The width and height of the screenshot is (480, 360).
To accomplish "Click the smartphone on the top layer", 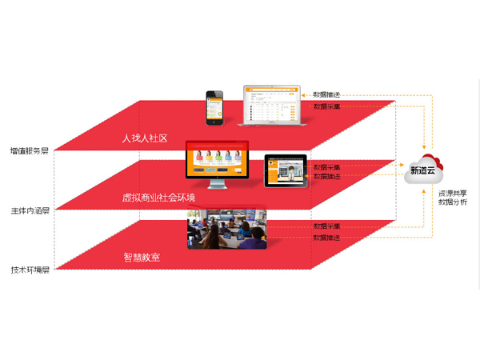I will (214, 107).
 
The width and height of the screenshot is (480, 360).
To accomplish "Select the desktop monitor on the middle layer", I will (214, 161).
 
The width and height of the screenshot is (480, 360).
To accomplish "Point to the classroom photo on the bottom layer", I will (226, 228).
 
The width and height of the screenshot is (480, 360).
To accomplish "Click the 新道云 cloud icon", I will (424, 169).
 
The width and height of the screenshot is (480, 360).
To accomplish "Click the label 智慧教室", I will (142, 258).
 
